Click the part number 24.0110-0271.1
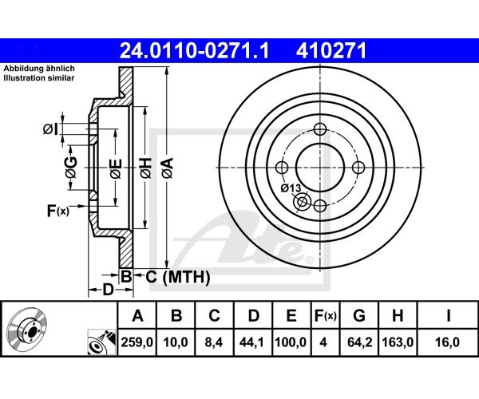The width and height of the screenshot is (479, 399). [194, 50]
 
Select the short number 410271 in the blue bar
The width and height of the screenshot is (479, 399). [331, 50]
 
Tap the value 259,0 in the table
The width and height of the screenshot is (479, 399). [137, 342]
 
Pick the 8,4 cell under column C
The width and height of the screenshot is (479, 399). [214, 342]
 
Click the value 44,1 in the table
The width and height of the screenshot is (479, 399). [252, 342]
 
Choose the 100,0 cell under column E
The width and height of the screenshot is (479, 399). [291, 342]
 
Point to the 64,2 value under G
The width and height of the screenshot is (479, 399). [359, 342]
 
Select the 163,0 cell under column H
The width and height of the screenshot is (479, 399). [398, 342]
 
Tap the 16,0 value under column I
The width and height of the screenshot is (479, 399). [448, 342]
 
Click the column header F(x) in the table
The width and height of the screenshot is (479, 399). [325, 316]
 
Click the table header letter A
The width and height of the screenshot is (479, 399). [137, 316]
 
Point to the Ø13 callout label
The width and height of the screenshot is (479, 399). [291, 188]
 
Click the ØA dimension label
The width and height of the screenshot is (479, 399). [168, 168]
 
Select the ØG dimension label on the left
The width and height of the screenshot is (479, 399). [71, 168]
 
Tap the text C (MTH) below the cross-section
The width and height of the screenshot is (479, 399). [178, 277]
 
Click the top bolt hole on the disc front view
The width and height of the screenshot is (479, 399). [320, 129]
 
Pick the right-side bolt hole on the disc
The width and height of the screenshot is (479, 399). [358, 168]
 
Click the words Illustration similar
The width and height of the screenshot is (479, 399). [39, 78]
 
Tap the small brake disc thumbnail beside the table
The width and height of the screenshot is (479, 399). [27, 328]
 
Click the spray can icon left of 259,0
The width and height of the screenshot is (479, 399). [101, 342]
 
